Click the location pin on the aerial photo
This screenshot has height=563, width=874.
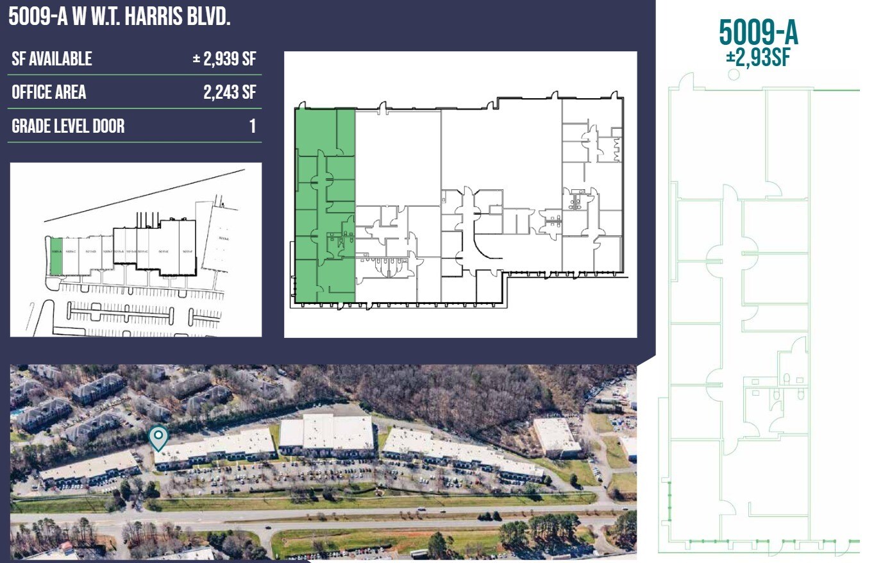158,438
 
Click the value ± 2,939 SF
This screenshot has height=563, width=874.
224,59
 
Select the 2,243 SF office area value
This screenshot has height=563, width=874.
230,92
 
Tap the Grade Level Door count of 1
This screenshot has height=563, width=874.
253,126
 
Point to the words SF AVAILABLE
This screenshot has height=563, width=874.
52,59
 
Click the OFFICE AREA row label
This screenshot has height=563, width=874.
49,92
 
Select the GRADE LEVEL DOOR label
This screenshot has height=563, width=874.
68,126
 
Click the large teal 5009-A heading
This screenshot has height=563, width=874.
759,32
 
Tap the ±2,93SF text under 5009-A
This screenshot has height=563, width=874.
757,58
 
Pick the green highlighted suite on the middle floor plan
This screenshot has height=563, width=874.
324,205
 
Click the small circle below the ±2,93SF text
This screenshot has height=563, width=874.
734,74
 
